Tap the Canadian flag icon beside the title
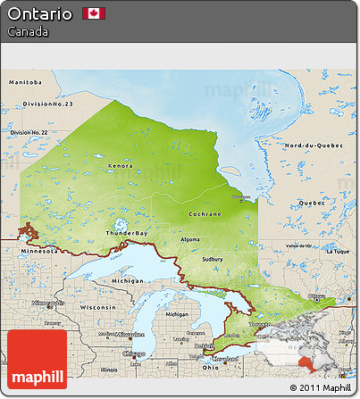[x=94, y=13]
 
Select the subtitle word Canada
[x=28, y=32]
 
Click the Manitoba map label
[x=25, y=81]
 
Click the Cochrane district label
[x=205, y=214]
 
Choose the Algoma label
[x=190, y=239]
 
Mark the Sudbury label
[x=212, y=259]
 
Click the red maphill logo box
[x=37, y=359]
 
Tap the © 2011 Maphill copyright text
[x=320, y=387]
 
